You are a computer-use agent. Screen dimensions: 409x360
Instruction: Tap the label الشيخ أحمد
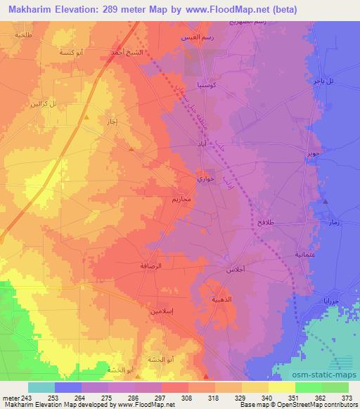(x=127, y=51)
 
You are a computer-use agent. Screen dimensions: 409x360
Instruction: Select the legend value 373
(x=337, y=398)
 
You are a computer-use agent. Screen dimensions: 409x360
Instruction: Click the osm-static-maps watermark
(x=329, y=373)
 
